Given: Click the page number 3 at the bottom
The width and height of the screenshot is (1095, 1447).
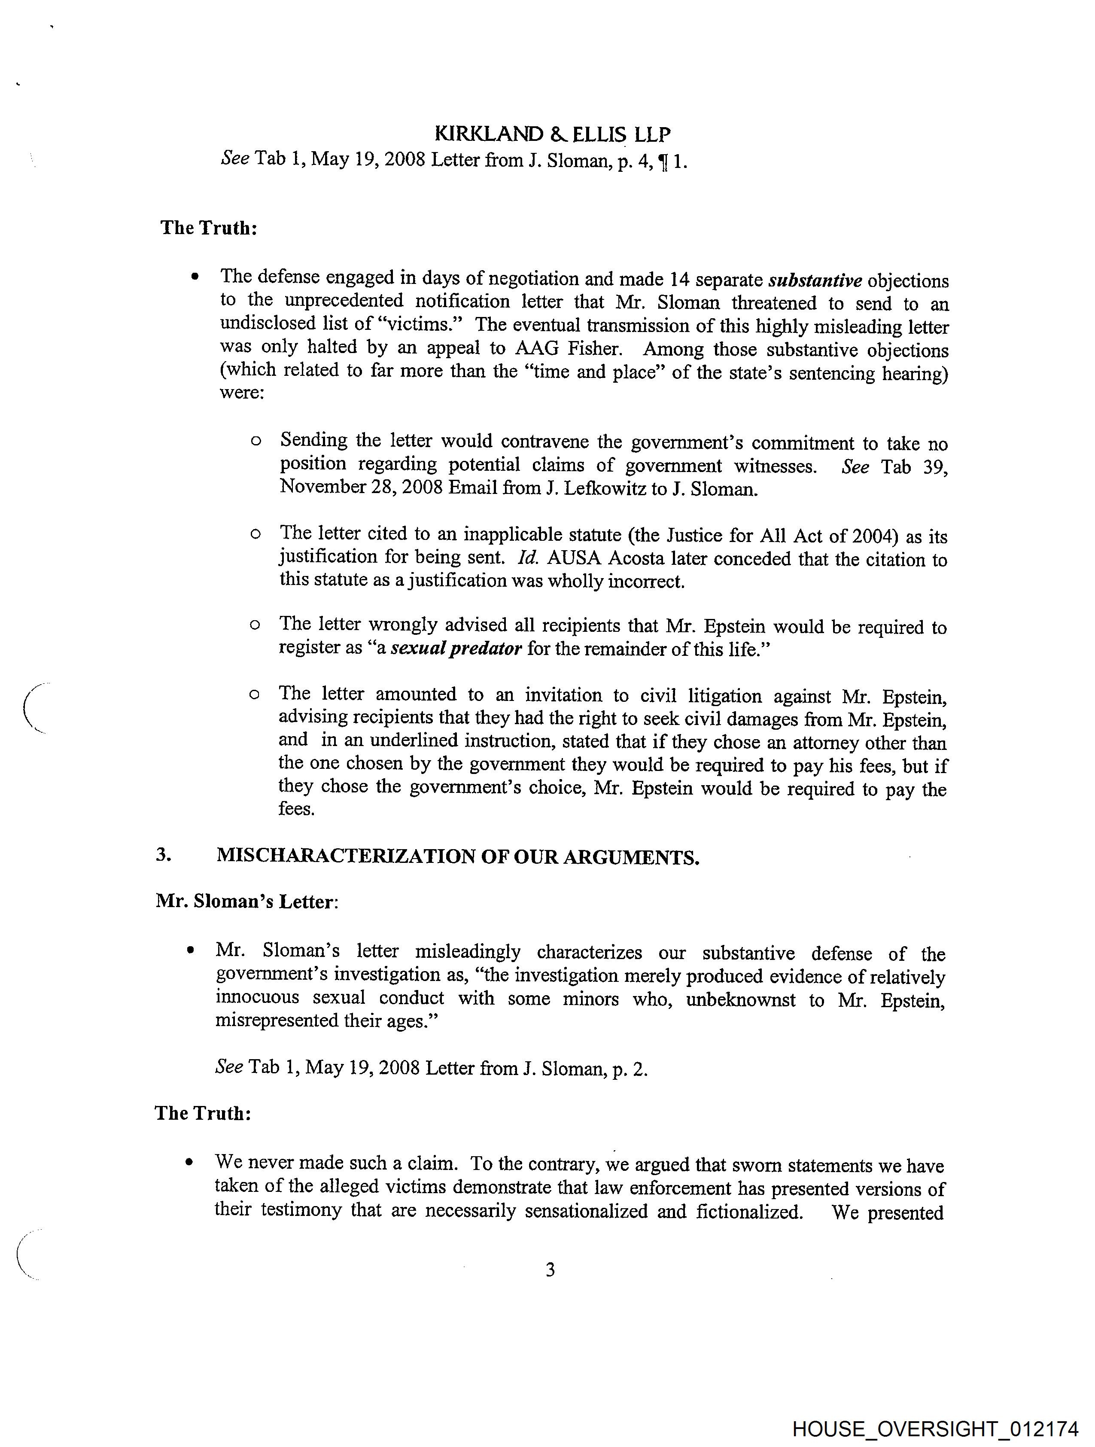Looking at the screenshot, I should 550,1269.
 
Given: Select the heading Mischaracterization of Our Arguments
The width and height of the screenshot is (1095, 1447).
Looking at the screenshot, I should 458,856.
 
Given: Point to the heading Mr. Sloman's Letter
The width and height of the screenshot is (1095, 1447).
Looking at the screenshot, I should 246,902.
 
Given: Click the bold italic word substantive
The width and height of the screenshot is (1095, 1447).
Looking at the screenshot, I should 815,280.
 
